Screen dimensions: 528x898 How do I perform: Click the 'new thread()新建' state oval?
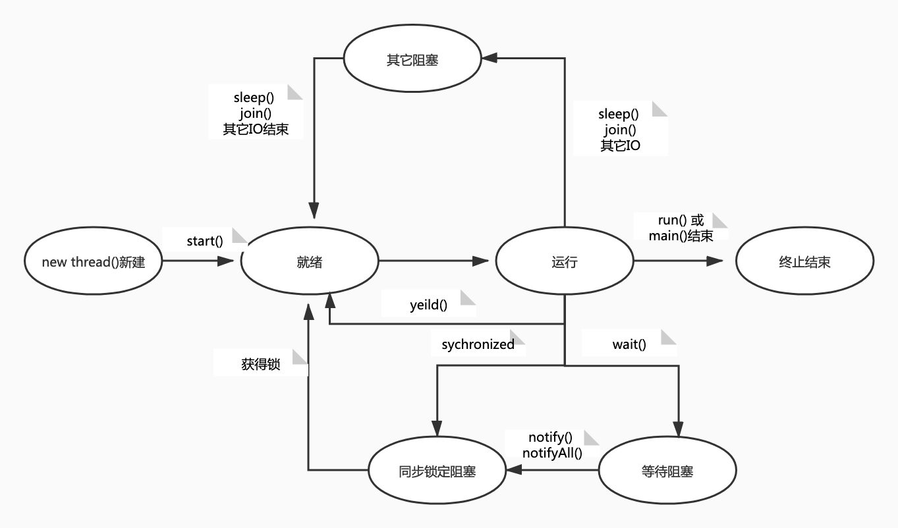[x=93, y=262]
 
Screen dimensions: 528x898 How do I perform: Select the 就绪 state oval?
[x=310, y=262]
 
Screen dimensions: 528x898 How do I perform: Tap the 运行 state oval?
[x=564, y=262]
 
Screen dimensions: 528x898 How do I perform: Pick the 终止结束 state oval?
[x=804, y=262]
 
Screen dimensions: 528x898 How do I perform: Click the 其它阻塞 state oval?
[x=412, y=61]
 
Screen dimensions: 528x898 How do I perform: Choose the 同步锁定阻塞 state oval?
[x=437, y=471]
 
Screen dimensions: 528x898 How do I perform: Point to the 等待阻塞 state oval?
[x=667, y=471]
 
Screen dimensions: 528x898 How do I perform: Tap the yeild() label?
[x=428, y=305]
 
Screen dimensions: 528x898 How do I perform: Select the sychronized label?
[x=478, y=344]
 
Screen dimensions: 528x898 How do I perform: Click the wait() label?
[x=629, y=344]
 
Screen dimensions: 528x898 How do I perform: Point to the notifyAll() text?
[x=552, y=453]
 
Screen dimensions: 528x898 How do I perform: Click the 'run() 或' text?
[x=681, y=221]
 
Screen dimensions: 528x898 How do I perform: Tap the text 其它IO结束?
[x=256, y=129]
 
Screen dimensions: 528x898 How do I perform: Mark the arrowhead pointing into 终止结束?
[x=716, y=261]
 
